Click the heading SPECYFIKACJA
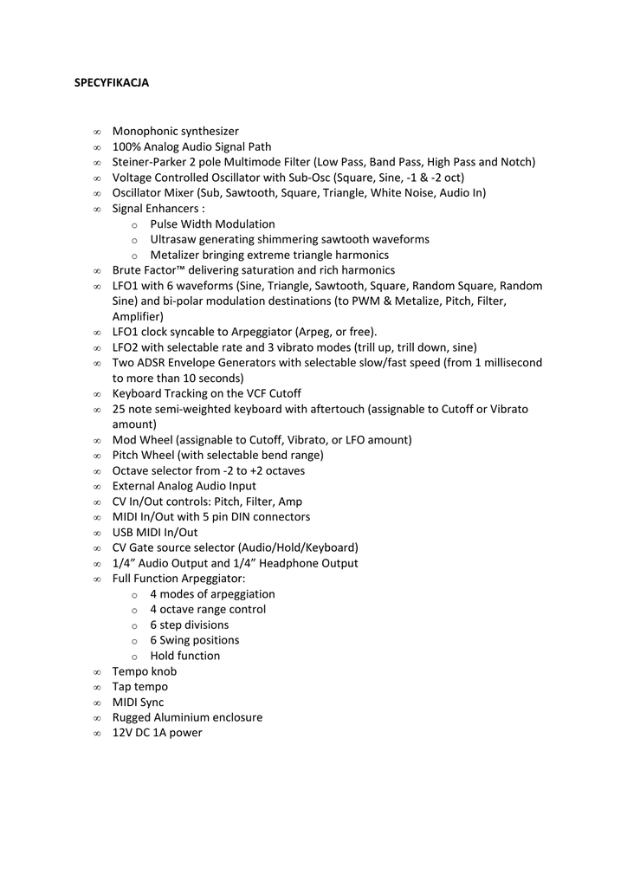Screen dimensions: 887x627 pyautogui.click(x=112, y=83)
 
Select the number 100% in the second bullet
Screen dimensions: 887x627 pyautogui.click(x=126, y=147)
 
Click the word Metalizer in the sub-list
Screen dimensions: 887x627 pyautogui.click(x=176, y=255)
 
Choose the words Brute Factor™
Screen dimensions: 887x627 pyautogui.click(x=150, y=270)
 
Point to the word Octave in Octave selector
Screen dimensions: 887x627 pyautogui.click(x=131, y=471)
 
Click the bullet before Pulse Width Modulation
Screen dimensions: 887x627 pyautogui.click(x=134, y=224)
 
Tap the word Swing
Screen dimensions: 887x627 pyautogui.click(x=177, y=640)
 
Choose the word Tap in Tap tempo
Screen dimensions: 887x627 pyautogui.click(x=122, y=687)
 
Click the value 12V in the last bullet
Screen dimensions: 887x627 pyautogui.click(x=123, y=733)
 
